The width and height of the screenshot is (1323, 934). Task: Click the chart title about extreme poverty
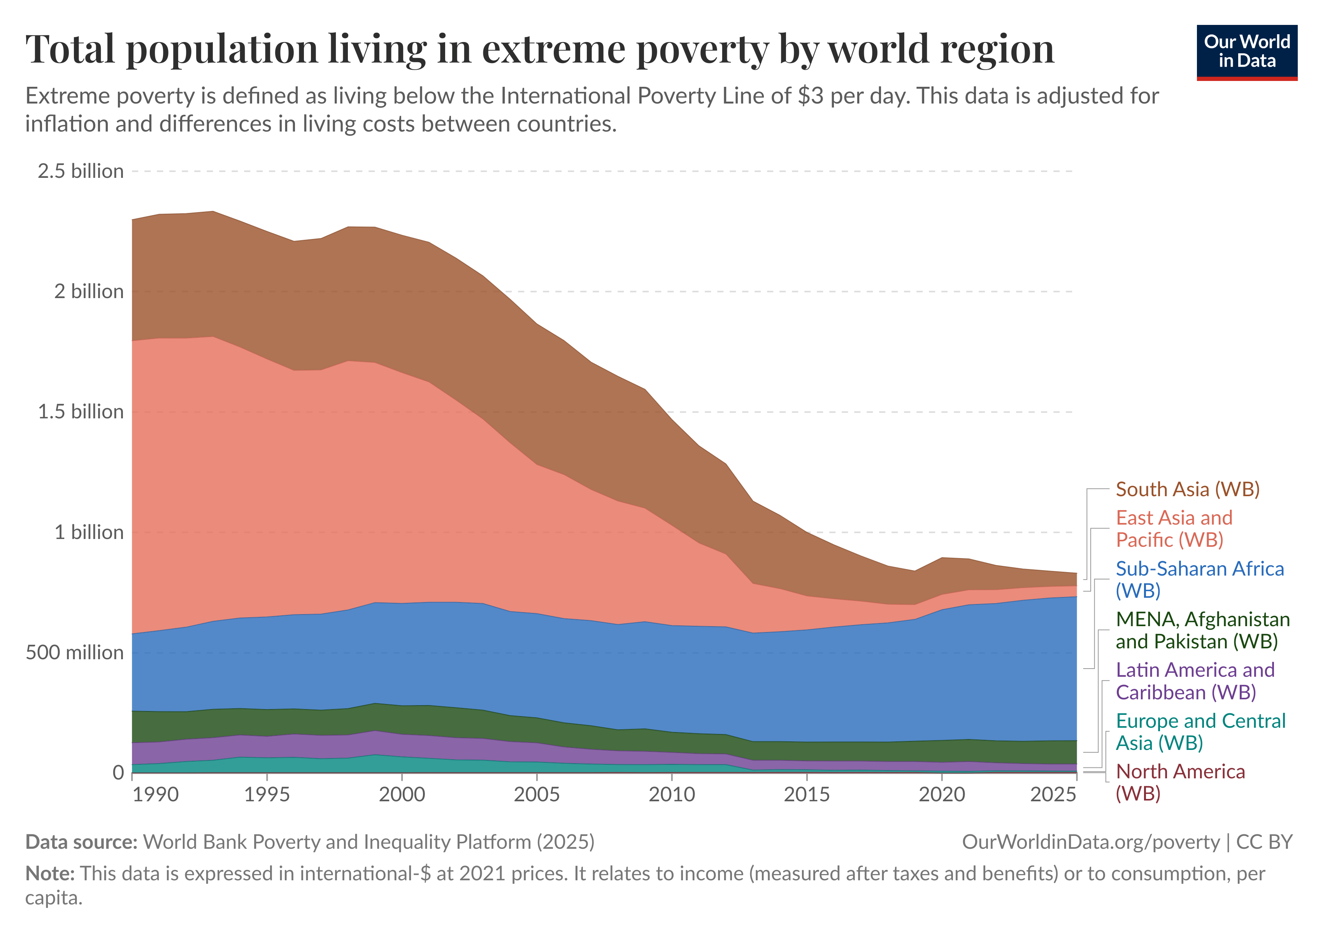tap(539, 49)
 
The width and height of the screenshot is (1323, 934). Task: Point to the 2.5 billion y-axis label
tap(81, 171)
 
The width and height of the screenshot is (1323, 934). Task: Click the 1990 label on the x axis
tap(156, 795)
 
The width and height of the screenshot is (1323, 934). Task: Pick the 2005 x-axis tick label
tap(537, 795)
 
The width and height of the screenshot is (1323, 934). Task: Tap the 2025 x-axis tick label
tap(1053, 795)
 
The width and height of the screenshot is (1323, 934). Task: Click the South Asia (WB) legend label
tap(1188, 489)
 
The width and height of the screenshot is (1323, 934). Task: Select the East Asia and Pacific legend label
tap(1174, 529)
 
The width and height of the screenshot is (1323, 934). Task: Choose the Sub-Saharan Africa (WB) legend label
tap(1200, 579)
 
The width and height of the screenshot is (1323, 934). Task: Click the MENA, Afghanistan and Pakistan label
tap(1203, 630)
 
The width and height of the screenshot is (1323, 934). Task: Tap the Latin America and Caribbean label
tap(1195, 681)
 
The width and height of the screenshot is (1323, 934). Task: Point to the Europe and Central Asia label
tap(1200, 732)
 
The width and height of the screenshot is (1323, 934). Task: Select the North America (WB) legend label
tap(1180, 783)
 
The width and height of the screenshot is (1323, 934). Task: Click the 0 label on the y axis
tap(118, 772)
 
